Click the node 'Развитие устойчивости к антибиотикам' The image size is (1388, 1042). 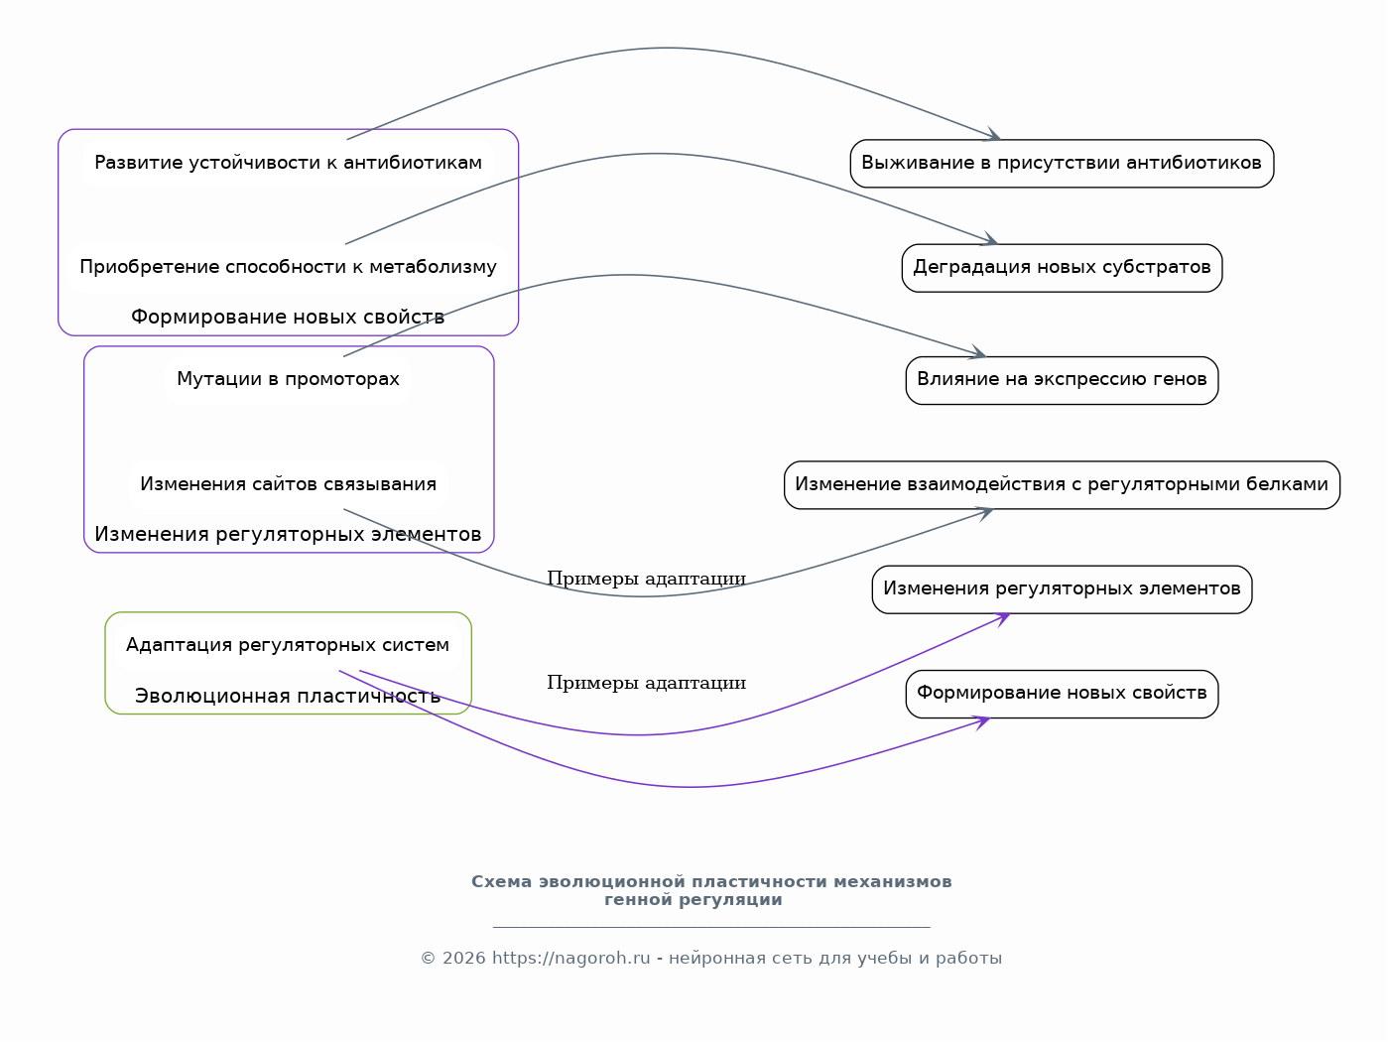tap(289, 163)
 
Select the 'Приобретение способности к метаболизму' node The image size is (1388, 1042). tap(289, 268)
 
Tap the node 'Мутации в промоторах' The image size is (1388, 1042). tap(289, 379)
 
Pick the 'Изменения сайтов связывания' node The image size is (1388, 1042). tap(289, 484)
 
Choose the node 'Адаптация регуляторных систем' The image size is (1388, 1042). tap(288, 646)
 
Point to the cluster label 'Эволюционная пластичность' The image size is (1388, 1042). tap(288, 696)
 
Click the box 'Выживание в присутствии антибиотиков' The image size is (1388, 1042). tap(1062, 164)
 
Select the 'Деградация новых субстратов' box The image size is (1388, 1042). tap(1062, 268)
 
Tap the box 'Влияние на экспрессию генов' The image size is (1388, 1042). tap(1062, 381)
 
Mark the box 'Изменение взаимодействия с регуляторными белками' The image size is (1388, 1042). tap(1062, 485)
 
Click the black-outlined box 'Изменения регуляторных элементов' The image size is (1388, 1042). tap(1062, 589)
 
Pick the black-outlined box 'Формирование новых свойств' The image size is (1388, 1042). tap(1062, 695)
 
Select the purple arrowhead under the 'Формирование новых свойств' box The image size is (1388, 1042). tap(982, 722)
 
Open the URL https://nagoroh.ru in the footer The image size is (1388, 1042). tap(571, 959)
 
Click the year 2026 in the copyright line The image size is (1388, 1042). tap(463, 959)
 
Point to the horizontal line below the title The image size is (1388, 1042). tap(711, 928)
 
